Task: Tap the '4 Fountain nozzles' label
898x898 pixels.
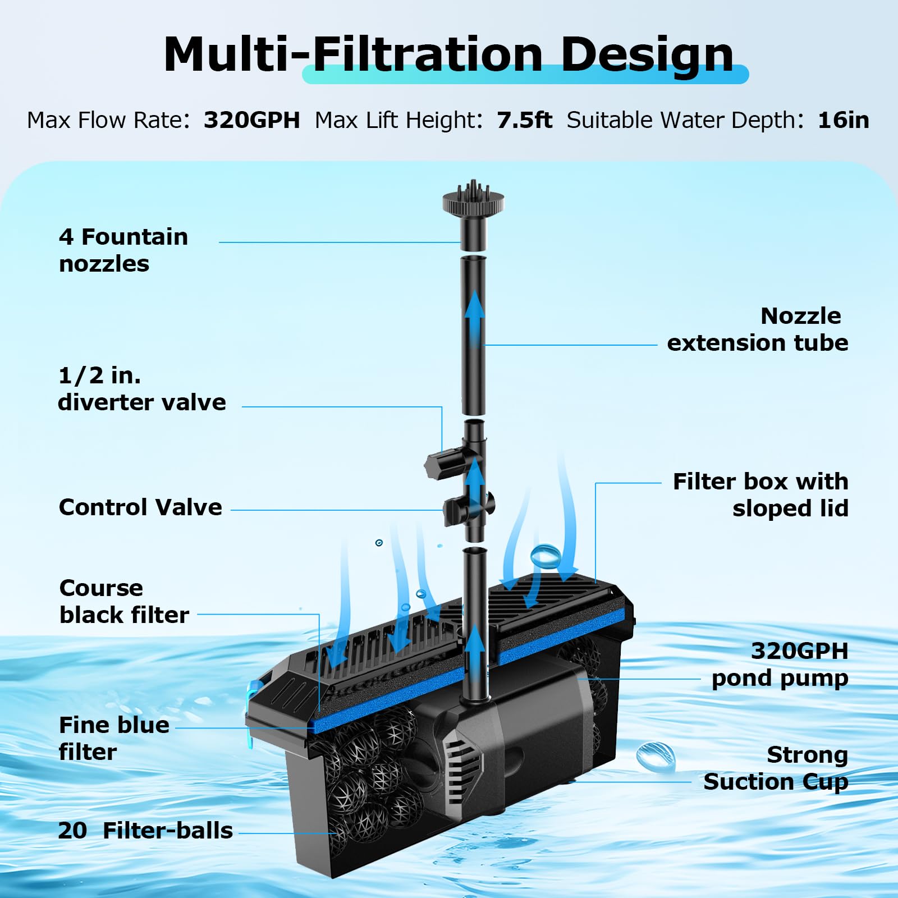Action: tap(123, 250)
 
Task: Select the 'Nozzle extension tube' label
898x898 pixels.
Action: tap(757, 329)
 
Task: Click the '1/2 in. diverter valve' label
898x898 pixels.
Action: tap(141, 389)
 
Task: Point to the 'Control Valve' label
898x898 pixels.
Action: tap(140, 507)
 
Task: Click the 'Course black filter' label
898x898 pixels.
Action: tap(124, 602)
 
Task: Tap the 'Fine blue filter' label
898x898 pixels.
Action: tap(114, 738)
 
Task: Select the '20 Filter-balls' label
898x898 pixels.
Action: tap(145, 831)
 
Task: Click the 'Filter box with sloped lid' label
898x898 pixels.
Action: tap(760, 495)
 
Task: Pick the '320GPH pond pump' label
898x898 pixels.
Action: tap(780, 665)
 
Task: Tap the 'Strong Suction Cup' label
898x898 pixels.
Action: tap(776, 768)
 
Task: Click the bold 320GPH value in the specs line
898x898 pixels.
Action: tap(251, 120)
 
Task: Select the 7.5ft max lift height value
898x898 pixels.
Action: tap(524, 120)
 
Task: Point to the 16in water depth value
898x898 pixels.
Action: tap(843, 120)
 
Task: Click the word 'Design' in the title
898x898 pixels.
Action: tap(647, 54)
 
